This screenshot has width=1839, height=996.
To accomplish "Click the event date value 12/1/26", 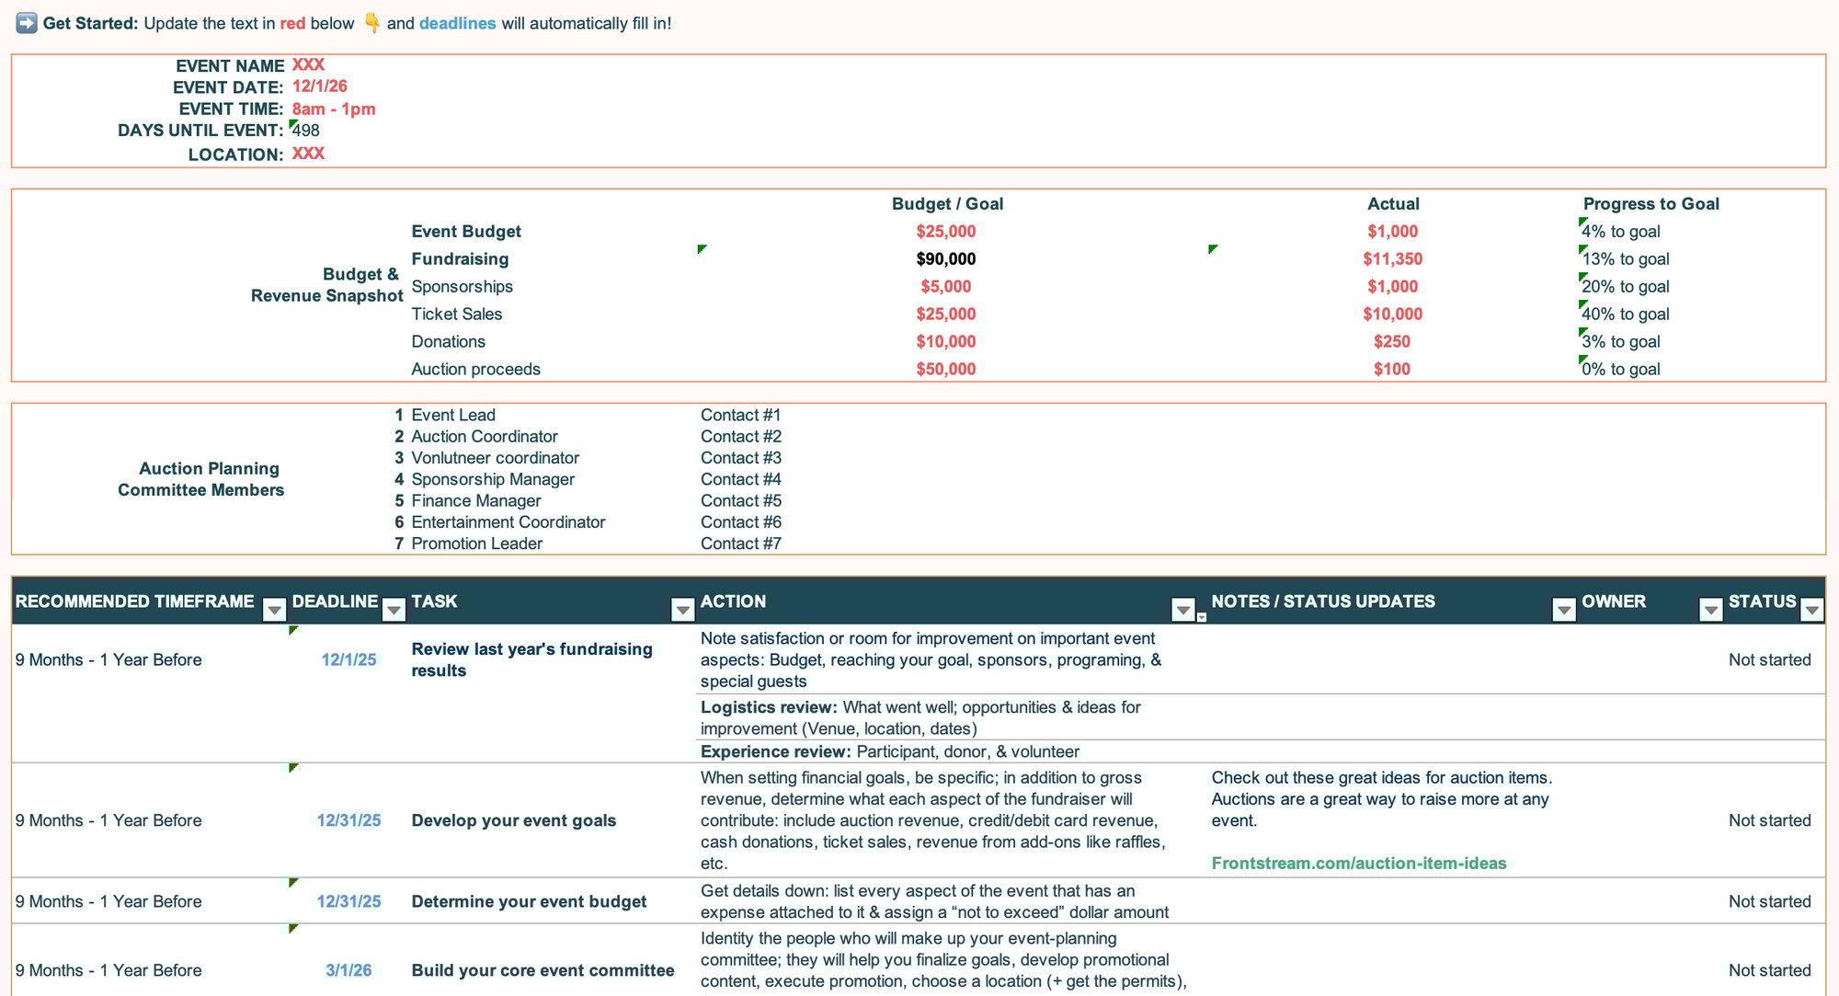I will [319, 86].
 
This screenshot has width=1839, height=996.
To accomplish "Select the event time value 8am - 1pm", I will [333, 109].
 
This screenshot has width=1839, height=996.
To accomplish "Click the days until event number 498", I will [306, 131].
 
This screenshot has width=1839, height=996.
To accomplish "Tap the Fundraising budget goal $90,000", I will [945, 259].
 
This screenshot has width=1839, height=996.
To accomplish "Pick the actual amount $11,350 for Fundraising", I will [1392, 259].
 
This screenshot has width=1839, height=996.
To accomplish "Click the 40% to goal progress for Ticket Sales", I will [1625, 315].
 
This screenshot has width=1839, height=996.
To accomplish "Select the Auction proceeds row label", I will [475, 370].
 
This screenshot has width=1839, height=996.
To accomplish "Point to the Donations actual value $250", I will [1391, 342].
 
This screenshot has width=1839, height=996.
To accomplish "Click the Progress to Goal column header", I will [1651, 204].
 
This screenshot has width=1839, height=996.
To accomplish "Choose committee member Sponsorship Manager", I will [493, 479].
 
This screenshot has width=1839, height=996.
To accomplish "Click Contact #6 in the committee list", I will [740, 522].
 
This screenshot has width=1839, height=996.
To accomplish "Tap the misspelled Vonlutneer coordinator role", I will [495, 458].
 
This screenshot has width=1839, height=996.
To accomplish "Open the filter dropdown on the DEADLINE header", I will [394, 610].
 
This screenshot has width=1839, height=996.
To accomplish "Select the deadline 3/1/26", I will [348, 970].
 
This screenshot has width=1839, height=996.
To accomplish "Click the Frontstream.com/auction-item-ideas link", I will [1358, 864].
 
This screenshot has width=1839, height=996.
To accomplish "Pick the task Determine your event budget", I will [529, 901].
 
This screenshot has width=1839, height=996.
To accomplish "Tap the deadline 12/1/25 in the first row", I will [348, 659].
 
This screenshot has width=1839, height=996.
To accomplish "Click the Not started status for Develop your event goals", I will [1769, 820].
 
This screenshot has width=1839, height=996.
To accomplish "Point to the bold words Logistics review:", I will [768, 707].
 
